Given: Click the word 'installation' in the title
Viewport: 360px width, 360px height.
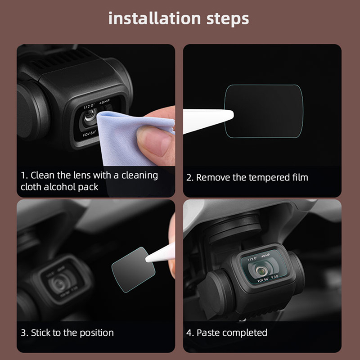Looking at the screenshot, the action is [x=154, y=18].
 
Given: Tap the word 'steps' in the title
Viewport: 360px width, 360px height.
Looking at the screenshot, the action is [x=228, y=19].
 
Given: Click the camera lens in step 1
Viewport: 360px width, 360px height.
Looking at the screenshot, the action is [x=90, y=115].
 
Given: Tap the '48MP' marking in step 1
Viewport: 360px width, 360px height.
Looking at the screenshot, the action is [x=104, y=102].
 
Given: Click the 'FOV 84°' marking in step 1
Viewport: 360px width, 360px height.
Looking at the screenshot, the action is [x=89, y=134].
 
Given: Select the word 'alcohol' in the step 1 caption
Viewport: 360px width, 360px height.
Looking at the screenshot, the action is [x=60, y=187].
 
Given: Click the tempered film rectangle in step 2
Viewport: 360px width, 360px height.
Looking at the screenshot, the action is [x=264, y=111].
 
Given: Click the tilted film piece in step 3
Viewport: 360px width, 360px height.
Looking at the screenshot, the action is [x=133, y=270].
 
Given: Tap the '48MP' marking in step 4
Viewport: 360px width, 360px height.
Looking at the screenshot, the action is [x=265, y=256].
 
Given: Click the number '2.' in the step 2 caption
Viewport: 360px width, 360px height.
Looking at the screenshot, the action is [x=189, y=178].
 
